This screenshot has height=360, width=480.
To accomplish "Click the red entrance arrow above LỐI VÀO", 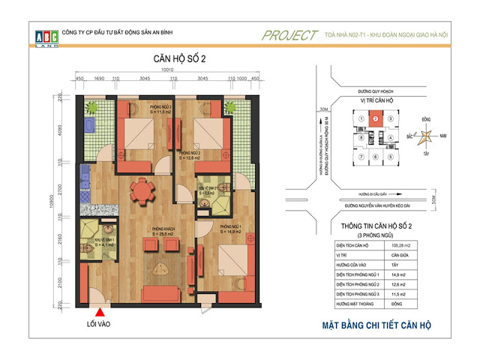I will (x=97, y=302).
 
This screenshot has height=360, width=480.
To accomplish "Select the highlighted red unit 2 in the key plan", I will (x=375, y=117).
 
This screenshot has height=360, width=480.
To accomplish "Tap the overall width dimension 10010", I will (x=167, y=70).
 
